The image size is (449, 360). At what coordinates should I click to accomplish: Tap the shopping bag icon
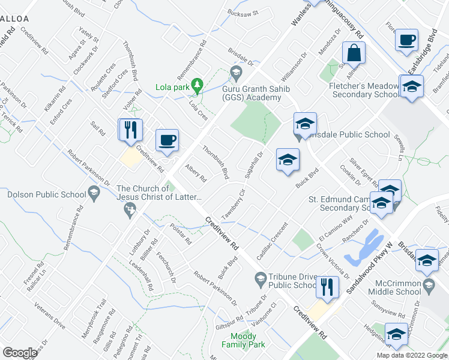(x=354, y=52)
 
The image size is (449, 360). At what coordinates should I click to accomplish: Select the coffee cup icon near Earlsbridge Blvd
(x=407, y=40)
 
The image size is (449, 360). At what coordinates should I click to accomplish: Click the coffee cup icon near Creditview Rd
(x=167, y=140)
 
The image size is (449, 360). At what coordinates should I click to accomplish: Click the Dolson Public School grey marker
(x=94, y=193)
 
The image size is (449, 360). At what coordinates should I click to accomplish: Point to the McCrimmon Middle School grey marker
(x=428, y=283)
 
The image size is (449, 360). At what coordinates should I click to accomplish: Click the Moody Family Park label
(x=243, y=340)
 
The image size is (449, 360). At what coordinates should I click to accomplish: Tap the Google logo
(x=20, y=353)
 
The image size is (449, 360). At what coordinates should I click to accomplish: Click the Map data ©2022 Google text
(x=412, y=355)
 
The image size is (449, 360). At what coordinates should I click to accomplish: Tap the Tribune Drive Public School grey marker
(x=261, y=278)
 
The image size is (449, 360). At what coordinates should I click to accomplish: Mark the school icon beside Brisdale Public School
(x=305, y=124)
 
